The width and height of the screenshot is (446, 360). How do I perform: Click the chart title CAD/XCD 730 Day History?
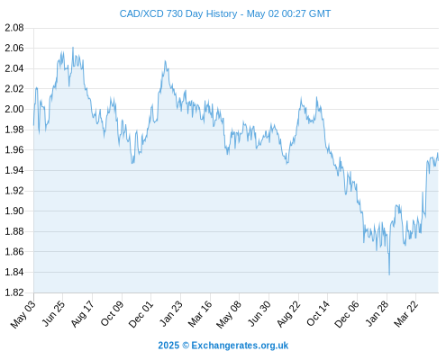178,13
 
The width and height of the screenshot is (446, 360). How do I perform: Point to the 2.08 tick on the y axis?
14,28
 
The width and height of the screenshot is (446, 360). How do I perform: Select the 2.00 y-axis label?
14,109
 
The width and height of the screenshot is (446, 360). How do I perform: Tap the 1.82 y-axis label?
14,292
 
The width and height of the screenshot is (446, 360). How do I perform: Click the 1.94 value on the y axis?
14,170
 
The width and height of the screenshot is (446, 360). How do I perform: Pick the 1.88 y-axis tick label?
14,231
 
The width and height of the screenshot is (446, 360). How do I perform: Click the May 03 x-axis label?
23,314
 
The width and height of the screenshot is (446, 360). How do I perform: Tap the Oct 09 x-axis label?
112,313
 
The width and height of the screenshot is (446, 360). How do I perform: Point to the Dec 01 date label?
141,314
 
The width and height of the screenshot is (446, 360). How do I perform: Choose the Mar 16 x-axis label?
199,313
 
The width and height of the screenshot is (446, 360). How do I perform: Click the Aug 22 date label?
288,314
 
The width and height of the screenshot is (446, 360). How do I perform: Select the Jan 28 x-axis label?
377,313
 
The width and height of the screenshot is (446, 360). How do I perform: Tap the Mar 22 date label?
405,313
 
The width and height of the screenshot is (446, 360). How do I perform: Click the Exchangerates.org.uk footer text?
240,346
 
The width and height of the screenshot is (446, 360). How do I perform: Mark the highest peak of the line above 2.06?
73,48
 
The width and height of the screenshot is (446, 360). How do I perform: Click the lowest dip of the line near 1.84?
389,274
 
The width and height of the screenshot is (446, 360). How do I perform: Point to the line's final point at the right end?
438,160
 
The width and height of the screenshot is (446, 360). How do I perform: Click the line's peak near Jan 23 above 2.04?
165,61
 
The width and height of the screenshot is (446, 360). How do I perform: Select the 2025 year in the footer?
168,346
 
